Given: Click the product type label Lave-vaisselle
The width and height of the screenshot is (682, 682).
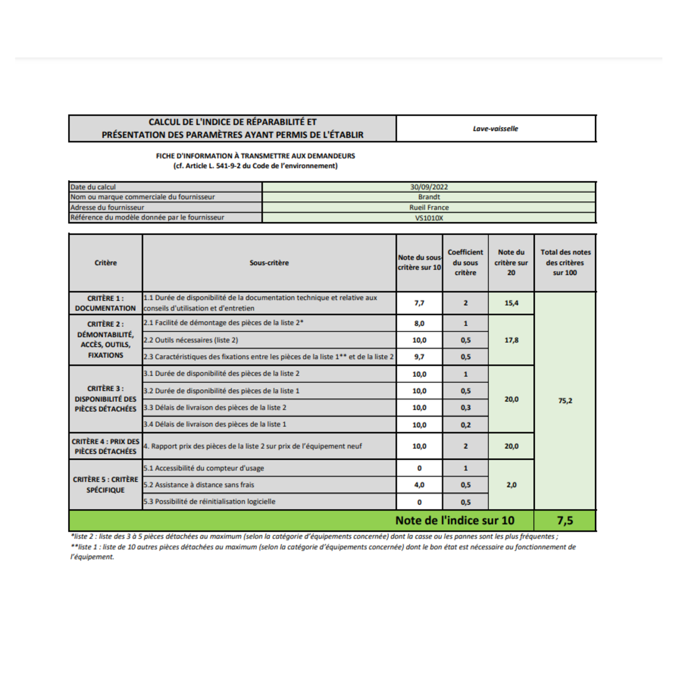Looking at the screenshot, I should click(x=495, y=128).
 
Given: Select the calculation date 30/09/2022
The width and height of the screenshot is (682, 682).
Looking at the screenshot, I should click(x=429, y=187).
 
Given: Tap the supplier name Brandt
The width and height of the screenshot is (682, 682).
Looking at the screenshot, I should click(x=429, y=197).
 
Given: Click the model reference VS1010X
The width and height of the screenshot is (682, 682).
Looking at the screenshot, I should click(x=429, y=218).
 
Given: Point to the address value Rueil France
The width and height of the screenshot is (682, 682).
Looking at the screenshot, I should click(x=429, y=207).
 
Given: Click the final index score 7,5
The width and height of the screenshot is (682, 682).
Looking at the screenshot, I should click(x=565, y=521).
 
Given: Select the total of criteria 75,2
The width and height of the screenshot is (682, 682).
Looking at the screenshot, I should click(x=565, y=401).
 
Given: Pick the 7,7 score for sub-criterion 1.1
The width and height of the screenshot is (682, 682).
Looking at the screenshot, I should click(x=419, y=303).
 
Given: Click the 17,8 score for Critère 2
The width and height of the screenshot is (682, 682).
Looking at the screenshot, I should click(x=511, y=340).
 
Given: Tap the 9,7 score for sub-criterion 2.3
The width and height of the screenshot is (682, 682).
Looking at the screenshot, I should click(x=419, y=357).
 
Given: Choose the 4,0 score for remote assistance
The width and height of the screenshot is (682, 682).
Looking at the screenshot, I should click(x=419, y=485).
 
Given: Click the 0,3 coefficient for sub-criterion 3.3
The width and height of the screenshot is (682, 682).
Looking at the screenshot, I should click(x=465, y=407).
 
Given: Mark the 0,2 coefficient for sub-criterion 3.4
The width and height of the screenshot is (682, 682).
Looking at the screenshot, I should click(x=465, y=425).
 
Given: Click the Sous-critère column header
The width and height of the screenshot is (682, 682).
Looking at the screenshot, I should click(x=269, y=263).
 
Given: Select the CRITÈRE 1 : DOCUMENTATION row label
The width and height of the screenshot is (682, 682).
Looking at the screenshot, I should click(x=106, y=303).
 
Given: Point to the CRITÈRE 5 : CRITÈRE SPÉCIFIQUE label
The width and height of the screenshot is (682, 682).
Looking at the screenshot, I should click(x=106, y=484).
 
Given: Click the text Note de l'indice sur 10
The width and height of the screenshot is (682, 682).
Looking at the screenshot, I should click(x=455, y=521).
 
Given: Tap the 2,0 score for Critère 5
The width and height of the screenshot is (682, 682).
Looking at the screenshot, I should click(x=511, y=485).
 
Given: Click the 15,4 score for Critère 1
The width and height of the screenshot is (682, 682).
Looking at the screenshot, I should click(x=511, y=303).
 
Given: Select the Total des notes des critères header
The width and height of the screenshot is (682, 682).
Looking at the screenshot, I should click(x=565, y=262).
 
